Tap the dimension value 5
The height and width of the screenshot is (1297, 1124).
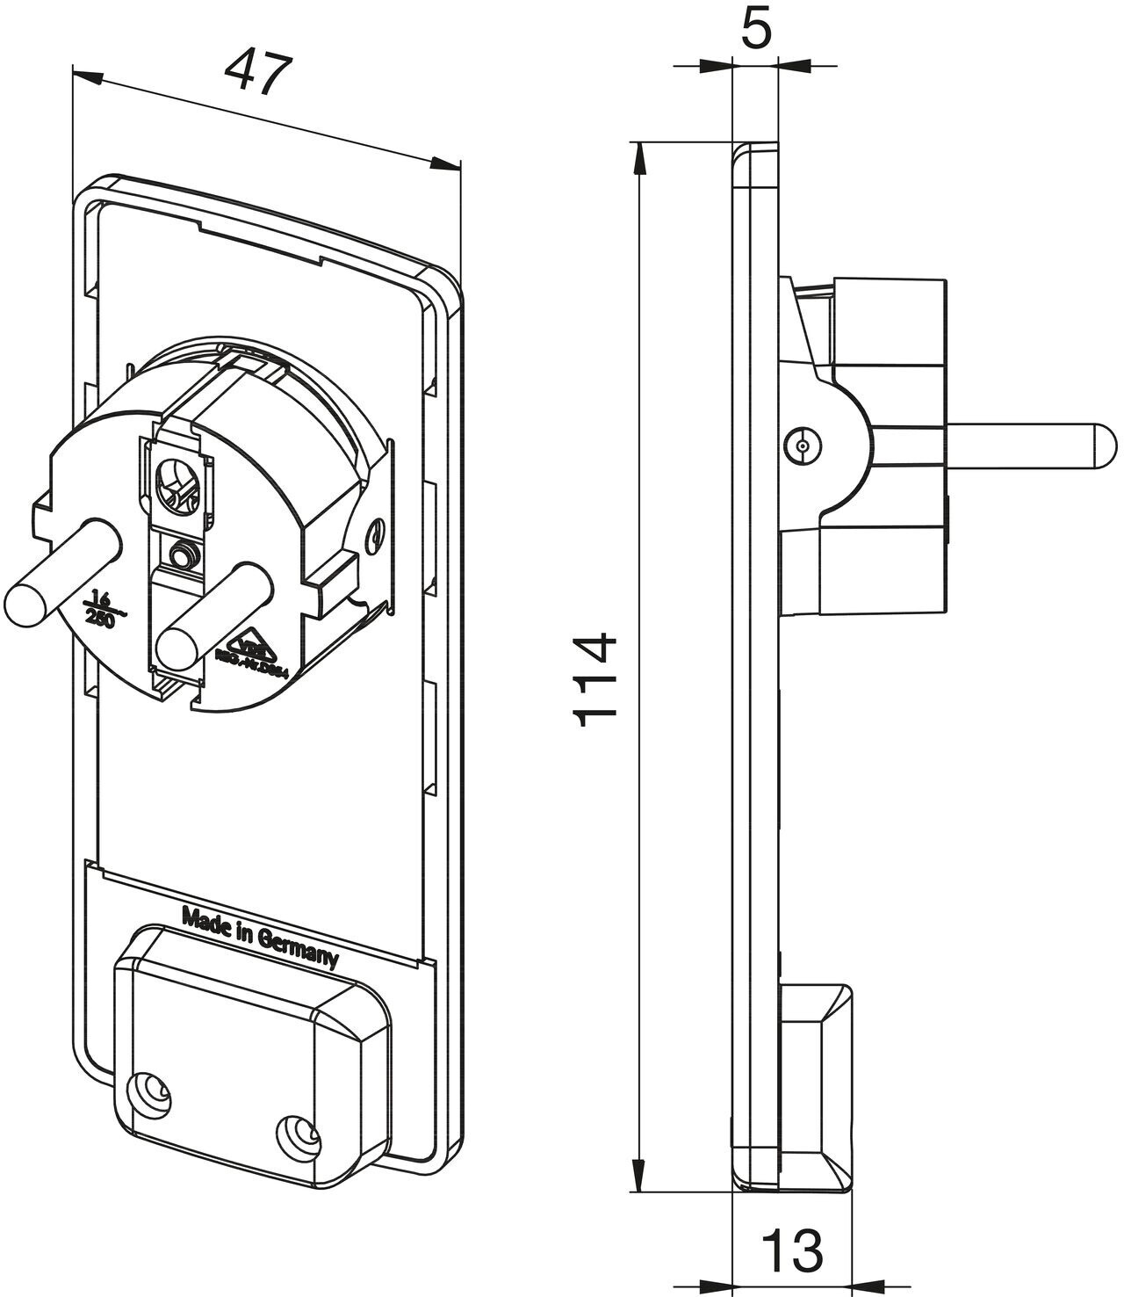(x=755, y=30)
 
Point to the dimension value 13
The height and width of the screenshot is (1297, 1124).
(x=792, y=1249)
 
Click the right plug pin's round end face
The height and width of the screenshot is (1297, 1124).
(x=177, y=648)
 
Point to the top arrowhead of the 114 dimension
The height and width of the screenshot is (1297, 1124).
(x=640, y=158)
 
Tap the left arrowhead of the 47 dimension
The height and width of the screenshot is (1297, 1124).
(x=86, y=76)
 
